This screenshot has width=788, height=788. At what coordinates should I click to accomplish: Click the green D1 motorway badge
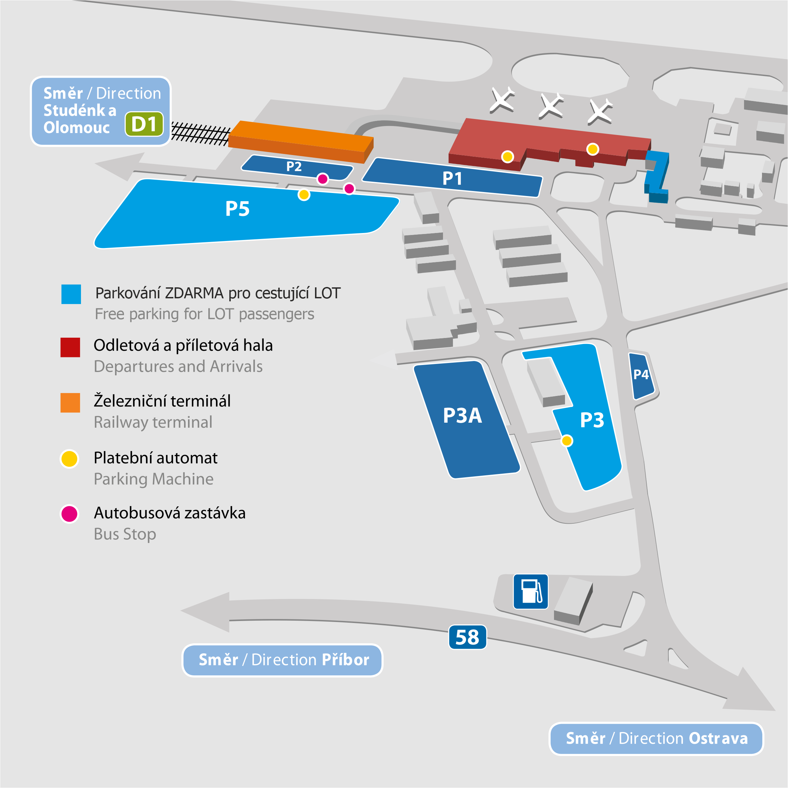coord(144,124)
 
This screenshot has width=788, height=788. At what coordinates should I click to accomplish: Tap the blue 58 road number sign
coord(467,637)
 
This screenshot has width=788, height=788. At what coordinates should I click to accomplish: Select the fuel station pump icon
coord(531,591)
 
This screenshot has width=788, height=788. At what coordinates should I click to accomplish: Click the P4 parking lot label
coord(641,374)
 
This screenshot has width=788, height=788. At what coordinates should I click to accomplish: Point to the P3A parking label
coord(463,416)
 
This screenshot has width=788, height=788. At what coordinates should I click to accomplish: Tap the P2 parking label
coord(294,166)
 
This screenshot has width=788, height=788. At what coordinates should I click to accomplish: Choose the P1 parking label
coord(452,178)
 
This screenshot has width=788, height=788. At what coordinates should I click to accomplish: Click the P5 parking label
coord(237,209)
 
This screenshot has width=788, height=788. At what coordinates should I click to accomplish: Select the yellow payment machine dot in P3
coord(567,440)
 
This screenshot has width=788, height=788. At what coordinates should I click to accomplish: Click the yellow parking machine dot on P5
coord(304,195)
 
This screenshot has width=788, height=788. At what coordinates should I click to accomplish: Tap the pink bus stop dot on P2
coord(323,179)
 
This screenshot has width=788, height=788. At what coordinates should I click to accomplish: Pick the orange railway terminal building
coord(301,141)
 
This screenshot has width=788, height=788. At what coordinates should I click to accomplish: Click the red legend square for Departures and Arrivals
coord(70,347)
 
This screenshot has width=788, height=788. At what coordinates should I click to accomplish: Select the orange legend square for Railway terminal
coord(70,403)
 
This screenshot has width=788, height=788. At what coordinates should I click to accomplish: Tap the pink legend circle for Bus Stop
coord(69,514)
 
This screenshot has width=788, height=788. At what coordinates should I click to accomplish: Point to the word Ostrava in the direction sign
coord(718,738)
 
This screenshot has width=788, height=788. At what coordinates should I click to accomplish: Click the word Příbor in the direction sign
coord(345,660)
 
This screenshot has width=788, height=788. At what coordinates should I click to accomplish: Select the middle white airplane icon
coord(551,106)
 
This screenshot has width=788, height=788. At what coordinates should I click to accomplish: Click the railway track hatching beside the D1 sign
coord(201,133)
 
